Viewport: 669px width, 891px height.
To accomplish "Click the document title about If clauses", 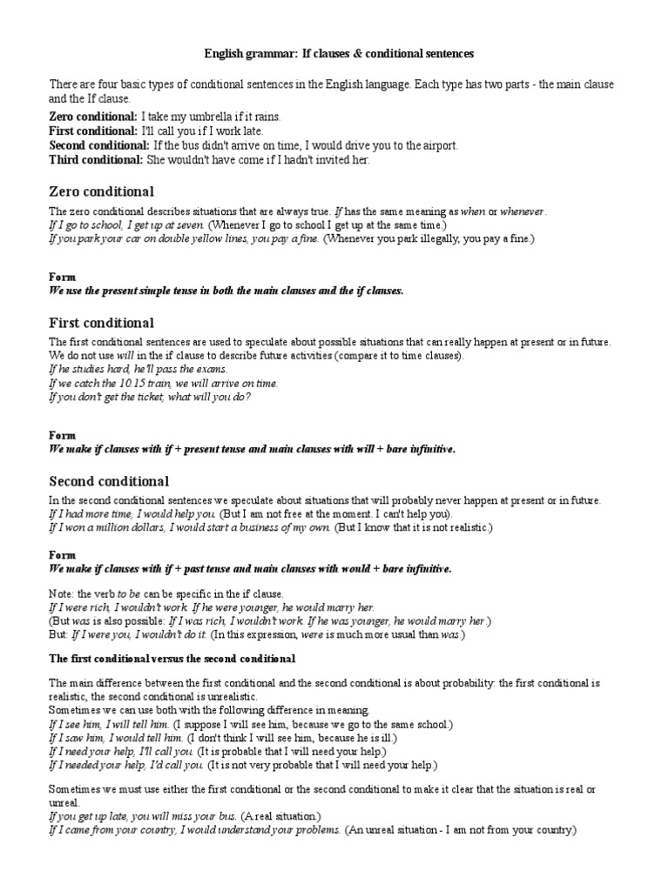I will tap(339, 54).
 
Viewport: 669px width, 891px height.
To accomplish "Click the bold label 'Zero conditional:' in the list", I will tap(93, 117).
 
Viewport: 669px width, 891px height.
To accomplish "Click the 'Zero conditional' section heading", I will tap(102, 191).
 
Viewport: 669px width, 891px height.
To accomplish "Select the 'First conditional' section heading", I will tap(101, 323).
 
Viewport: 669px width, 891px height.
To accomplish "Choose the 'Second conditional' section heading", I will tap(109, 481).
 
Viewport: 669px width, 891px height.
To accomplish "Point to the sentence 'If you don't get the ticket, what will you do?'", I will tap(150, 397).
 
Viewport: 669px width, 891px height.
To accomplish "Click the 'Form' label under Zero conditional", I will tap(62, 278).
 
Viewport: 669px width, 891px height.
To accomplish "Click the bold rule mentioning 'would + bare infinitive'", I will tap(251, 568).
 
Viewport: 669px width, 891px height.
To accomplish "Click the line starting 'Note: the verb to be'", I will tap(160, 593).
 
